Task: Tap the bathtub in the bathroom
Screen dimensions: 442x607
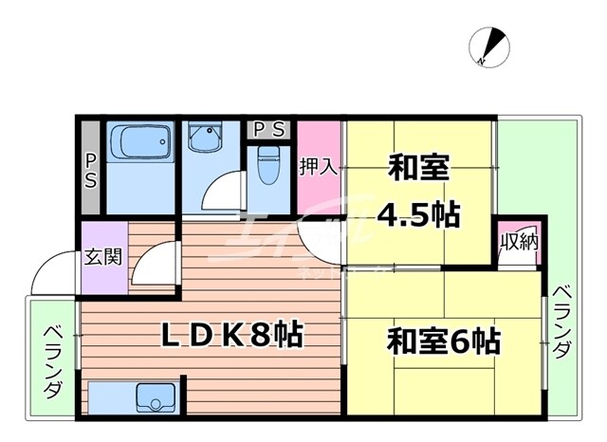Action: tap(137, 144)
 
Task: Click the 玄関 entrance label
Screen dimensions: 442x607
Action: tap(101, 256)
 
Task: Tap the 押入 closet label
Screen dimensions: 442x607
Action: tap(319, 167)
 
